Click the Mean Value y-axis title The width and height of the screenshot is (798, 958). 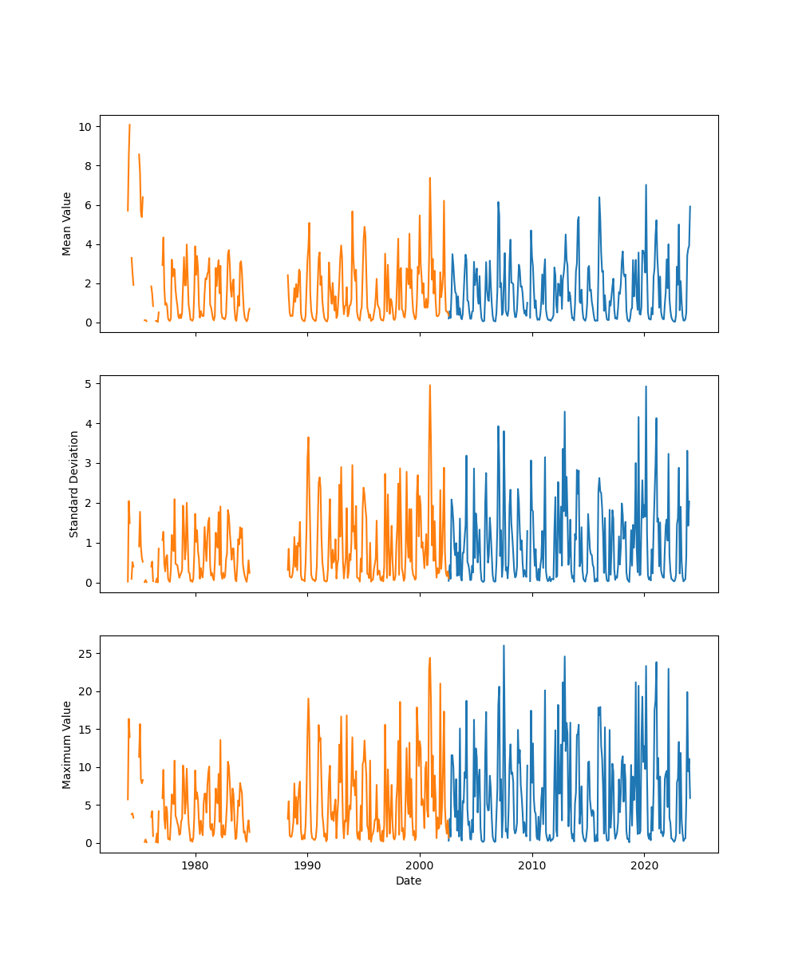67,224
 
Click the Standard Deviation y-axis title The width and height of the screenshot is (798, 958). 74,484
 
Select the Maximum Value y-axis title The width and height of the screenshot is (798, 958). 67,744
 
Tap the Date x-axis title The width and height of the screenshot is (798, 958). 409,881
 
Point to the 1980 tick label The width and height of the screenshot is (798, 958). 196,865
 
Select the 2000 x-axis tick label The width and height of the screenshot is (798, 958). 420,865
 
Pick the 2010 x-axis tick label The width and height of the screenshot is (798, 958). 532,865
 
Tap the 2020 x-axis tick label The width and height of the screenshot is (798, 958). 644,865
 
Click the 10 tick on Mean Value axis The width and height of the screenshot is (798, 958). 84,127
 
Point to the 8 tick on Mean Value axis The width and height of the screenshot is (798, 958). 87,166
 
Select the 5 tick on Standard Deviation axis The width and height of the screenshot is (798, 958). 87,383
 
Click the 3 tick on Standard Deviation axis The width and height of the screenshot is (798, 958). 87,463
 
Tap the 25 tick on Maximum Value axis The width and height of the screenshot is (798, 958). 84,653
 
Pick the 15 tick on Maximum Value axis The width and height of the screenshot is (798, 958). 84,729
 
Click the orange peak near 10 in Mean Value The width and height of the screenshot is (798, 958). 129,125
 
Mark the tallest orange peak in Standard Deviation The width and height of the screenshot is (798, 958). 430,385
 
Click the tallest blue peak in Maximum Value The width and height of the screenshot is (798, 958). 504,645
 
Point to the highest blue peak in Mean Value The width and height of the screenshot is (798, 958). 646,184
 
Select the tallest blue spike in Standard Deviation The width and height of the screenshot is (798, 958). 646,386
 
